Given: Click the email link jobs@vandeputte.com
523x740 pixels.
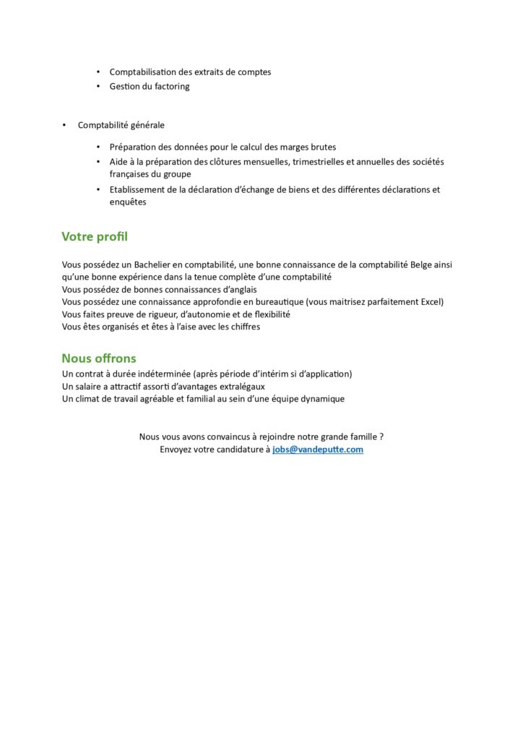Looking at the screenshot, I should click(x=318, y=449).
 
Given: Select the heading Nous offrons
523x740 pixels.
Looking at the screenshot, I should click(x=98, y=358).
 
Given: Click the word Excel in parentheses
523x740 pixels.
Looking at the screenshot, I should click(x=431, y=302).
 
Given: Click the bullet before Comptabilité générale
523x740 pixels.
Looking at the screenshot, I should click(x=64, y=126).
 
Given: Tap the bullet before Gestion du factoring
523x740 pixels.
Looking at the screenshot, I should click(x=99, y=87).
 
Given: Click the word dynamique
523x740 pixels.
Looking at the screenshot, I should click(x=319, y=399).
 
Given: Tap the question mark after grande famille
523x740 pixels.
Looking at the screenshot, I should click(x=381, y=436).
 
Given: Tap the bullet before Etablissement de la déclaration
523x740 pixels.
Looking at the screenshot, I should click(x=99, y=190).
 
